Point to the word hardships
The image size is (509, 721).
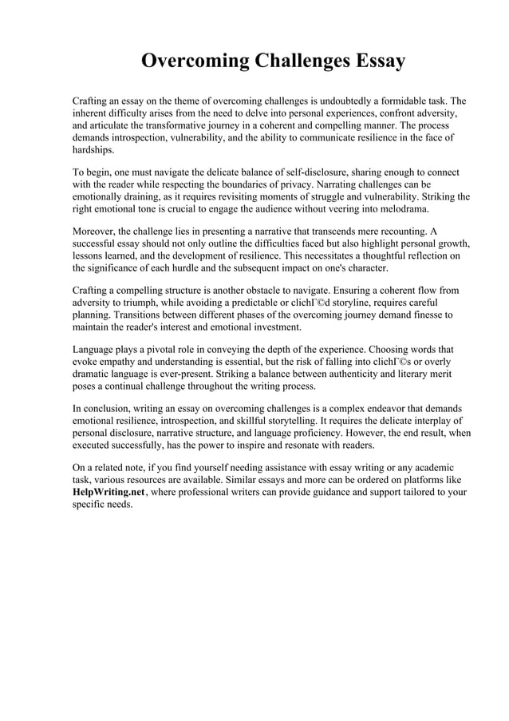tap(93, 149)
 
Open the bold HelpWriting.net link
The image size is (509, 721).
tap(105, 492)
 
